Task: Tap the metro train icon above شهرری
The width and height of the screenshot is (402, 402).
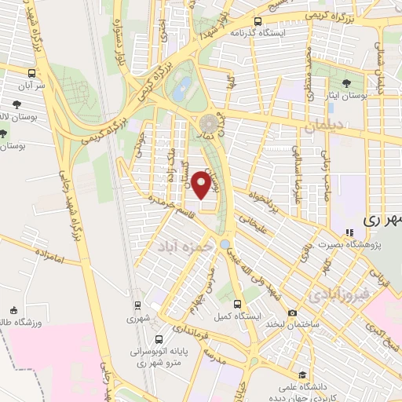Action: coord(138,305)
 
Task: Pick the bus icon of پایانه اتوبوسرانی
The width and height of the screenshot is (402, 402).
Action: coord(160,340)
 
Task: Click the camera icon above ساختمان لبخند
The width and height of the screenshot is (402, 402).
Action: coord(292,312)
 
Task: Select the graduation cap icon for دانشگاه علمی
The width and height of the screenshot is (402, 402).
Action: coord(302,375)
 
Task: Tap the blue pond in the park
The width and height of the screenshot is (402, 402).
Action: coord(184,85)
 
